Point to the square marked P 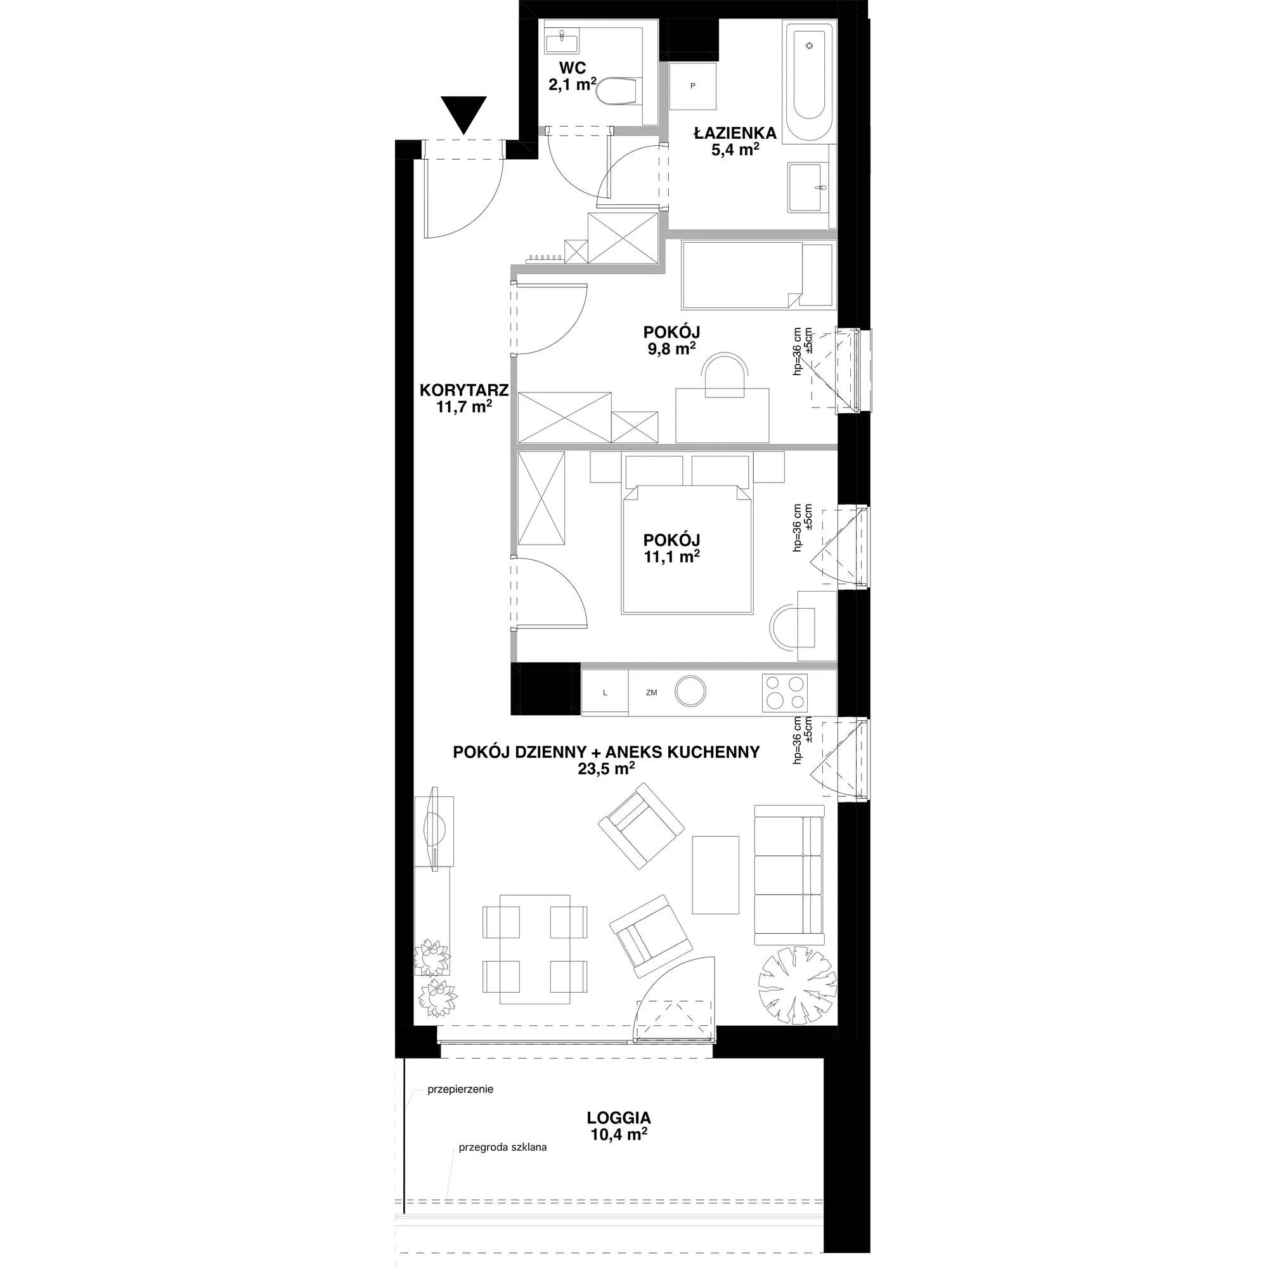point(692,86)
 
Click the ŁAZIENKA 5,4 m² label point(735,141)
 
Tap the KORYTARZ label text point(464,391)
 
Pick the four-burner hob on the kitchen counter point(785,692)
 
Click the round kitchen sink point(691,691)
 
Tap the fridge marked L point(604,692)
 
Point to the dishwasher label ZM point(651,692)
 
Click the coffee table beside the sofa point(715,875)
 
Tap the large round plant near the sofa point(797,986)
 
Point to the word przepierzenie point(460,1089)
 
